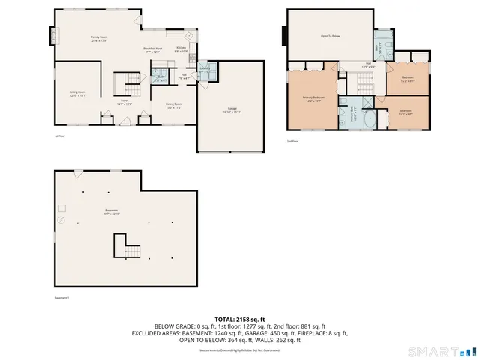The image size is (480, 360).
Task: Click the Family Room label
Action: coord(100,38)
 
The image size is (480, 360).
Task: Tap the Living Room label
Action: coord(78,94)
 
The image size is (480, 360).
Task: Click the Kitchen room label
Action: coord(181,49)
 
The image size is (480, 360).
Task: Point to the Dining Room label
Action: coord(174,106)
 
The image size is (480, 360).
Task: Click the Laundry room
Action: coord(204,72)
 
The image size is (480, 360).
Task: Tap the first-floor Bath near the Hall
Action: coord(161,77)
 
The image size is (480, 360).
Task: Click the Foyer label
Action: coord(124,103)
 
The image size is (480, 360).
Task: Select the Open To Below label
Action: coord(331,34)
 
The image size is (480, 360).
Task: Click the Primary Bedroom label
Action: coord(313,98)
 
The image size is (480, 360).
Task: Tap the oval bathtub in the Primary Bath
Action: coord(370,119)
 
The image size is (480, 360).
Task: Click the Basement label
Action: coord(112,212)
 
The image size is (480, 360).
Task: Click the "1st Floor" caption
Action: coord(60,136)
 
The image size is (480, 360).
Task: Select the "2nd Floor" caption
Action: coord(292,140)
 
